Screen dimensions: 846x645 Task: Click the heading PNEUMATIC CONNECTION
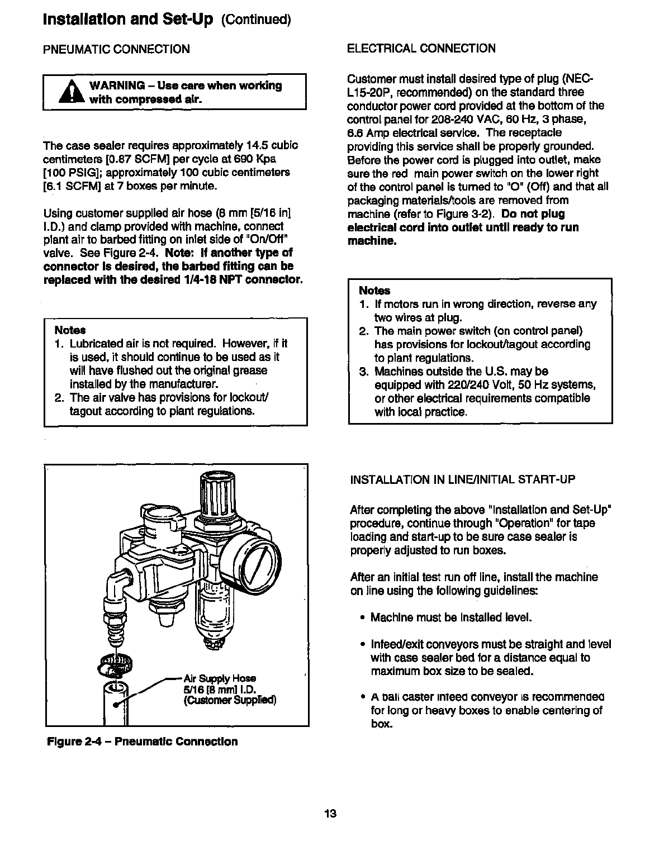116,49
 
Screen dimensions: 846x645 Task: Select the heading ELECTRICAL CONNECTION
421,49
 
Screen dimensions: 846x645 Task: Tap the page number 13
330,813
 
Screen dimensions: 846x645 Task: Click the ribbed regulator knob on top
212,491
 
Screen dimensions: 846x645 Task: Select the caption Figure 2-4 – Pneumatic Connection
142,742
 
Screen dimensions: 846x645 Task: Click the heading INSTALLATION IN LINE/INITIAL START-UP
462,480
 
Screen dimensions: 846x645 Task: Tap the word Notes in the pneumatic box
70,330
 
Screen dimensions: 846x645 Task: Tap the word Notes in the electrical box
374,291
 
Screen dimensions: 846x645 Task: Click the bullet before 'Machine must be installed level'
363,618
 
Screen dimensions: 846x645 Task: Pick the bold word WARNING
117,85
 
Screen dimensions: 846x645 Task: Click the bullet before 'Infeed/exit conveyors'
363,645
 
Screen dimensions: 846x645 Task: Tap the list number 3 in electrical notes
363,372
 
